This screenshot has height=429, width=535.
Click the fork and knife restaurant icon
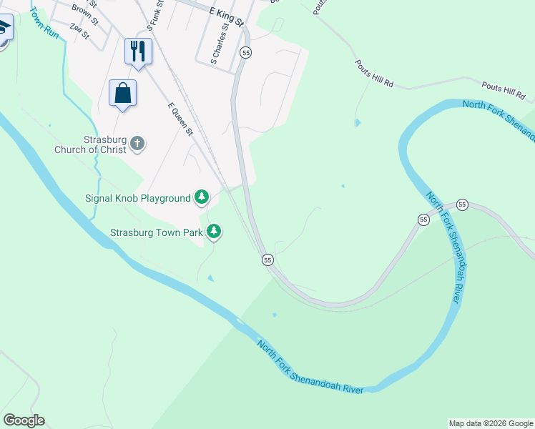coord(139,51)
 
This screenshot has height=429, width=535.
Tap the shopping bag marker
coord(123,93)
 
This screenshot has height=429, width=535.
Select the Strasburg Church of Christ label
coord(90,144)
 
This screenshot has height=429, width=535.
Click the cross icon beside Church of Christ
coord(138,144)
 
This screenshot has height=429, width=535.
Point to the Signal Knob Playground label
coord(138,198)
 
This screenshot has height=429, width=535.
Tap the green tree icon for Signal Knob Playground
coord(202,197)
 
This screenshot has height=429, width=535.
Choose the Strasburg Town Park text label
coord(156,232)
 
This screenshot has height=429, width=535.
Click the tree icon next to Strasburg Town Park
coord(214,231)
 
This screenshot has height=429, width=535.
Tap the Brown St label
coord(85,11)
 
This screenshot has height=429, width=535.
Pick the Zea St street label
coord(79,30)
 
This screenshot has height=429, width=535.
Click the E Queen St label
coord(180,118)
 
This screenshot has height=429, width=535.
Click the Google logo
coord(24,420)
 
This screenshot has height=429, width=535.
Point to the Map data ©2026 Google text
coord(490,423)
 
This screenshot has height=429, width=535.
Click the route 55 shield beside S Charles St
coord(246,52)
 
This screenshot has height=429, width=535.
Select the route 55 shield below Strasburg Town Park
coord(267,260)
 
